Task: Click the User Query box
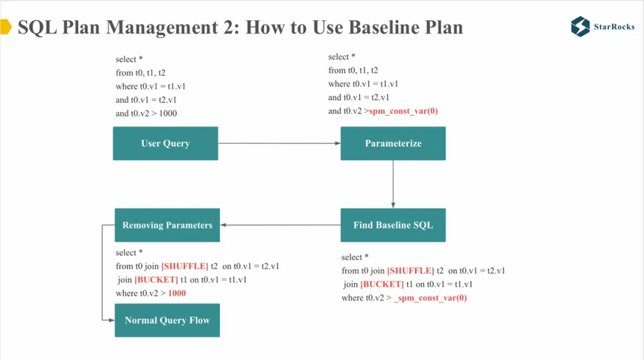click(165, 143)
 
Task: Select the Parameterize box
click(393, 143)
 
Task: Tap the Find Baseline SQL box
click(393, 225)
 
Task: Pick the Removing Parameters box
click(167, 225)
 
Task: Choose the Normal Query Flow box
click(167, 320)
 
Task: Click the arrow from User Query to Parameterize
click(280, 143)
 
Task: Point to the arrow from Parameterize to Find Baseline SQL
click(393, 184)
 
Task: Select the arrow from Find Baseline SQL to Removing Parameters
click(280, 225)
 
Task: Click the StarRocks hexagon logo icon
click(581, 27)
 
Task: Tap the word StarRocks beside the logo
click(614, 27)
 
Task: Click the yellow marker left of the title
click(6, 27)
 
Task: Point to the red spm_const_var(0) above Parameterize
click(403, 111)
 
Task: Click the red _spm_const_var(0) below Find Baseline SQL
click(430, 298)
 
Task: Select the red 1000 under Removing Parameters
click(177, 293)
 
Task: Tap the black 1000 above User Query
click(168, 113)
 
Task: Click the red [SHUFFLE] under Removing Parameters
click(185, 266)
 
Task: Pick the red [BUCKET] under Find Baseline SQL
click(382, 285)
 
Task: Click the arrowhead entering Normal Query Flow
click(112, 320)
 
